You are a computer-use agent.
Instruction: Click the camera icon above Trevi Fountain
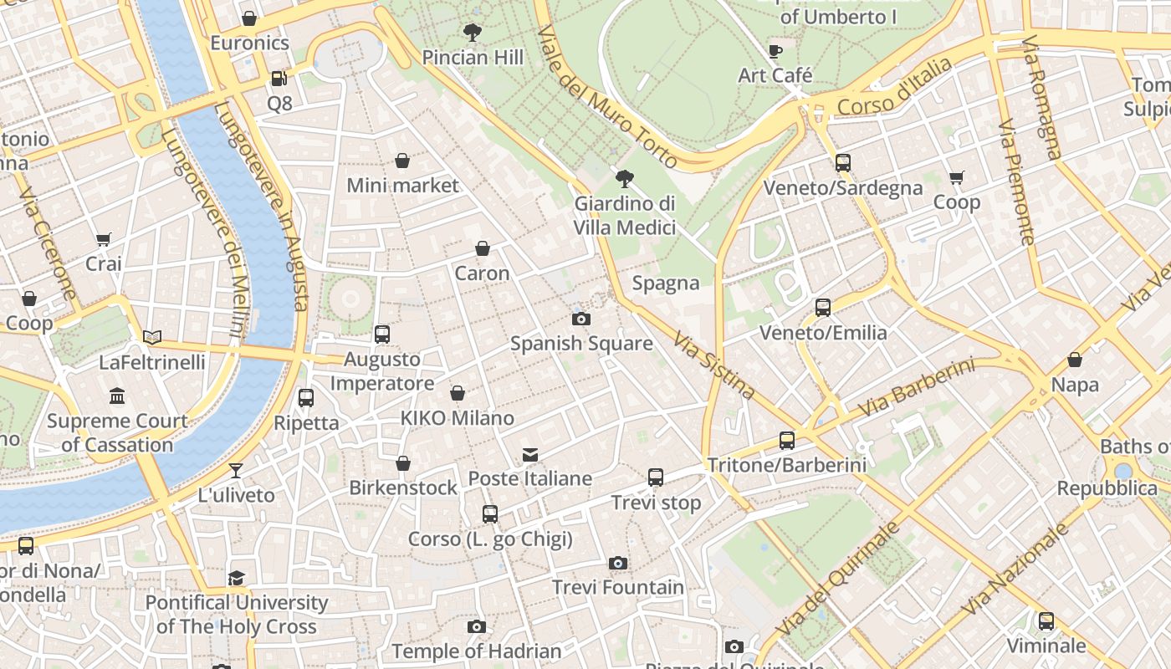[x=618, y=563]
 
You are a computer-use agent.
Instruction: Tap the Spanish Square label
[x=581, y=343]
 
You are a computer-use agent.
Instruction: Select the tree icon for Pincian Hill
[x=473, y=33]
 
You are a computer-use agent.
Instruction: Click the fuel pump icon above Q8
[x=279, y=79]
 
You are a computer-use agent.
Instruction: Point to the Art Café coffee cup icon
[x=775, y=50]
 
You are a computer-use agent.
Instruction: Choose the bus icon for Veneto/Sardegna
[x=843, y=163]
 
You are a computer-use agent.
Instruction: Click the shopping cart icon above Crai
[x=104, y=240]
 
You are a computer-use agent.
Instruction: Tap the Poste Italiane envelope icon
[x=530, y=455]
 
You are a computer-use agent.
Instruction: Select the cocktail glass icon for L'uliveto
[x=236, y=471]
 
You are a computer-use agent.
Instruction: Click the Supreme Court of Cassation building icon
[x=117, y=396]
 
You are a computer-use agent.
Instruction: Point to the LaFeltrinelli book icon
[x=151, y=337]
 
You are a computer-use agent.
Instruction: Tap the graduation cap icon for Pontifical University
[x=237, y=578]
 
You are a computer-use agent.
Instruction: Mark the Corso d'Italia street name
[x=894, y=88]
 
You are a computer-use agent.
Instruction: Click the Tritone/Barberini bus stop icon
[x=787, y=440]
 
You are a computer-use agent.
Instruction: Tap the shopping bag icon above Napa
[x=1075, y=360]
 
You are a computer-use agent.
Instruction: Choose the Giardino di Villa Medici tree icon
[x=624, y=178]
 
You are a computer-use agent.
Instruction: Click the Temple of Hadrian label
[x=477, y=651]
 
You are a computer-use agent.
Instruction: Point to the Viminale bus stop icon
[x=1046, y=621]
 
